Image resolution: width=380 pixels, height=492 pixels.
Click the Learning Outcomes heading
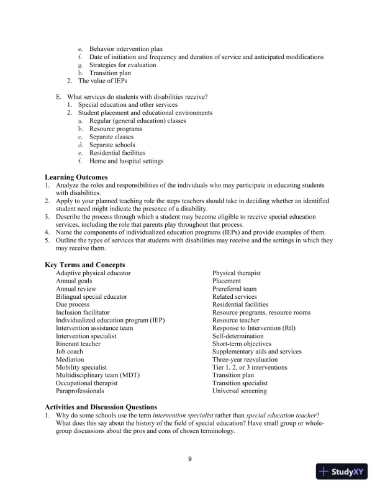pos(76,177)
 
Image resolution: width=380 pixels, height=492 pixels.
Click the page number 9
pos(190,459)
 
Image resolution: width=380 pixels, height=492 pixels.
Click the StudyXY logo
pos(344,471)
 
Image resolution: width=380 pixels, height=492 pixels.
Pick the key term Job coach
pos(70,352)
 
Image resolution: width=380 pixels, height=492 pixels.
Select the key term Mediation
pos(70,359)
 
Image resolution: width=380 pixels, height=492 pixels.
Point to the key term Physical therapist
pos(236,273)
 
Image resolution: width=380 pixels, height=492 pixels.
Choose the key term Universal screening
pos(240,391)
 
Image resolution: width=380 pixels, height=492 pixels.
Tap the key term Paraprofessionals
pos(81,391)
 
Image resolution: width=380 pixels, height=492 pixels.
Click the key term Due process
pos(73,304)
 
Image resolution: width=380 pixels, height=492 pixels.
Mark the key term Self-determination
pos(238,336)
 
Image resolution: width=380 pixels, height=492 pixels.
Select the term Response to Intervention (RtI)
pos(253,328)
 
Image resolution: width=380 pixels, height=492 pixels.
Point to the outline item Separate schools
pos(111,145)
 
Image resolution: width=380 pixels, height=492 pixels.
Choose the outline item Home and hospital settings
pos(126,161)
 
